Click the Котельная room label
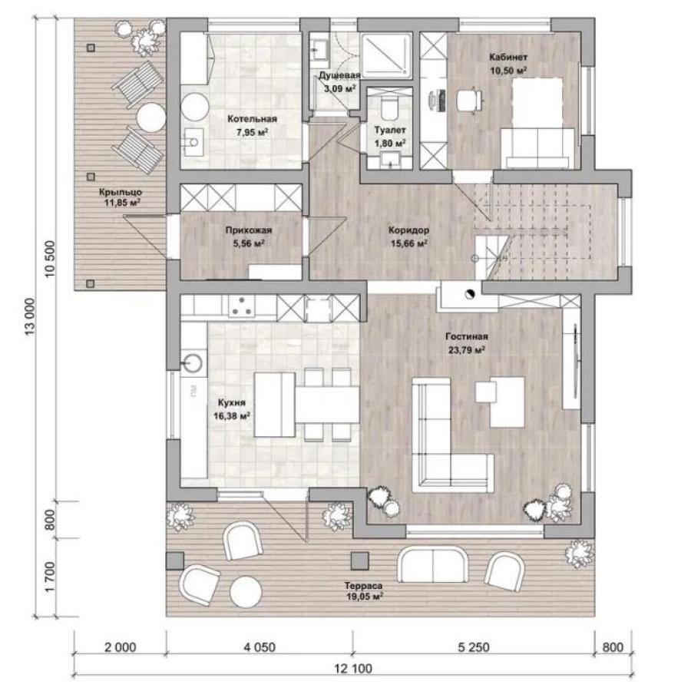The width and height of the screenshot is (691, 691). [x=252, y=118]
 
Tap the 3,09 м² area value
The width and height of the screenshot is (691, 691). [x=340, y=88]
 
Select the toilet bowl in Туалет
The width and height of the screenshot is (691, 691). [x=388, y=108]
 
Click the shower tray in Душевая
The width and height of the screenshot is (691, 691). [x=386, y=55]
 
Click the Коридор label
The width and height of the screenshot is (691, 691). [x=408, y=230]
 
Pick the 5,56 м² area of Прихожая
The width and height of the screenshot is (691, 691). [x=249, y=243]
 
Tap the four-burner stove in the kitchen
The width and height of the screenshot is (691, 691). [x=241, y=306]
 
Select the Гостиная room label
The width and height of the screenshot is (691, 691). [x=467, y=337]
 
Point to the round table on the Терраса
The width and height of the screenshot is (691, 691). [x=246, y=592]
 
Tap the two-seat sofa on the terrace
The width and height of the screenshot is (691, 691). [x=432, y=564]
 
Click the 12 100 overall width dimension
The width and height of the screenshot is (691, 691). [x=353, y=669]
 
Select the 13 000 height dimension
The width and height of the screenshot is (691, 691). [x=29, y=316]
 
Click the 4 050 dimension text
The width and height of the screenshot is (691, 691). [x=260, y=647]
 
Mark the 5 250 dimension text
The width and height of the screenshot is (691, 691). [x=474, y=647]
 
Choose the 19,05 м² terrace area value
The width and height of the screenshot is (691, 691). [x=364, y=597]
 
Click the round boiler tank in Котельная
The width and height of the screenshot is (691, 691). [x=195, y=107]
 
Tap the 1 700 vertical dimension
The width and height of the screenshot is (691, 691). [x=50, y=577]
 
